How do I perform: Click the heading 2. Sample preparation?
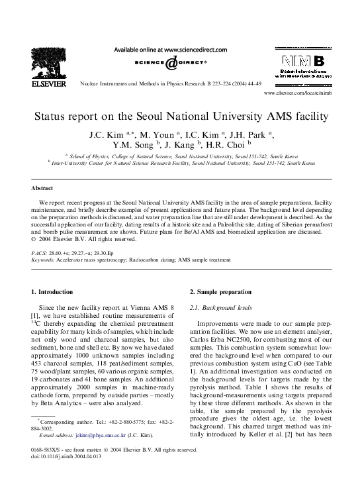(x=220, y=291)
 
